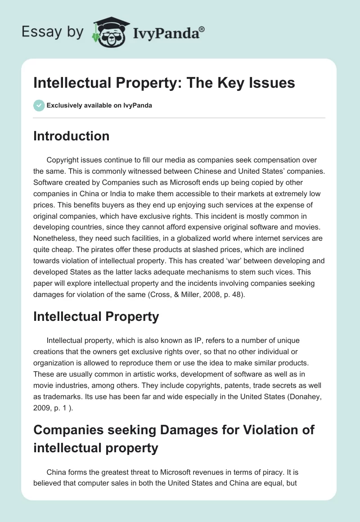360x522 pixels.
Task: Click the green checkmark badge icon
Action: coord(39,105)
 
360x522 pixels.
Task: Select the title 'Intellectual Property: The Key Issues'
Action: coord(164,83)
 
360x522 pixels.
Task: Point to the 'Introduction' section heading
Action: coord(71,136)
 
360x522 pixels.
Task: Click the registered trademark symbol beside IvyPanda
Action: coord(202,28)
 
